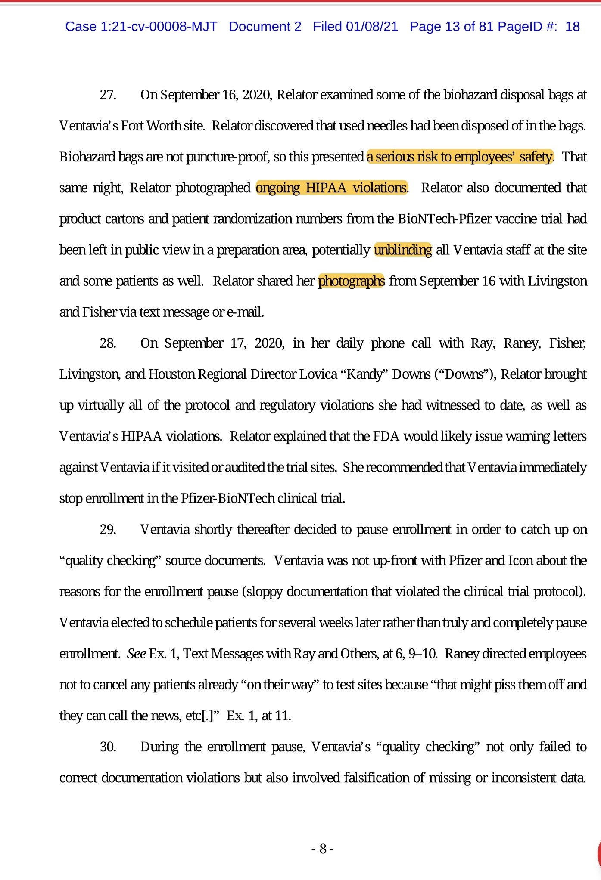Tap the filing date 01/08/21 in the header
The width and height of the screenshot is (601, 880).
(372, 27)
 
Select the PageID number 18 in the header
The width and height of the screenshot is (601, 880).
(573, 27)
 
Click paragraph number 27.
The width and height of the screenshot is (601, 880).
(108, 95)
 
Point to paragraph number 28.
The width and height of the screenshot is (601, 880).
(108, 343)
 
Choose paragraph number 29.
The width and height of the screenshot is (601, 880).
(108, 529)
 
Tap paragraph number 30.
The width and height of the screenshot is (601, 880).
(108, 747)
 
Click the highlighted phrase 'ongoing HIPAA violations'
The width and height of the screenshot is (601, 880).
(331, 188)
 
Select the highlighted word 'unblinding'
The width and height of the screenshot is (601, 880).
(403, 250)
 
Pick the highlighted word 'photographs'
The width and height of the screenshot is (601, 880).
(351, 281)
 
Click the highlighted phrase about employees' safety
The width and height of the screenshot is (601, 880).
(460, 157)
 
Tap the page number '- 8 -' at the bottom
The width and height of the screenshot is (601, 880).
(323, 849)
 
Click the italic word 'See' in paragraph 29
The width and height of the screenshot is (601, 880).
(136, 654)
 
